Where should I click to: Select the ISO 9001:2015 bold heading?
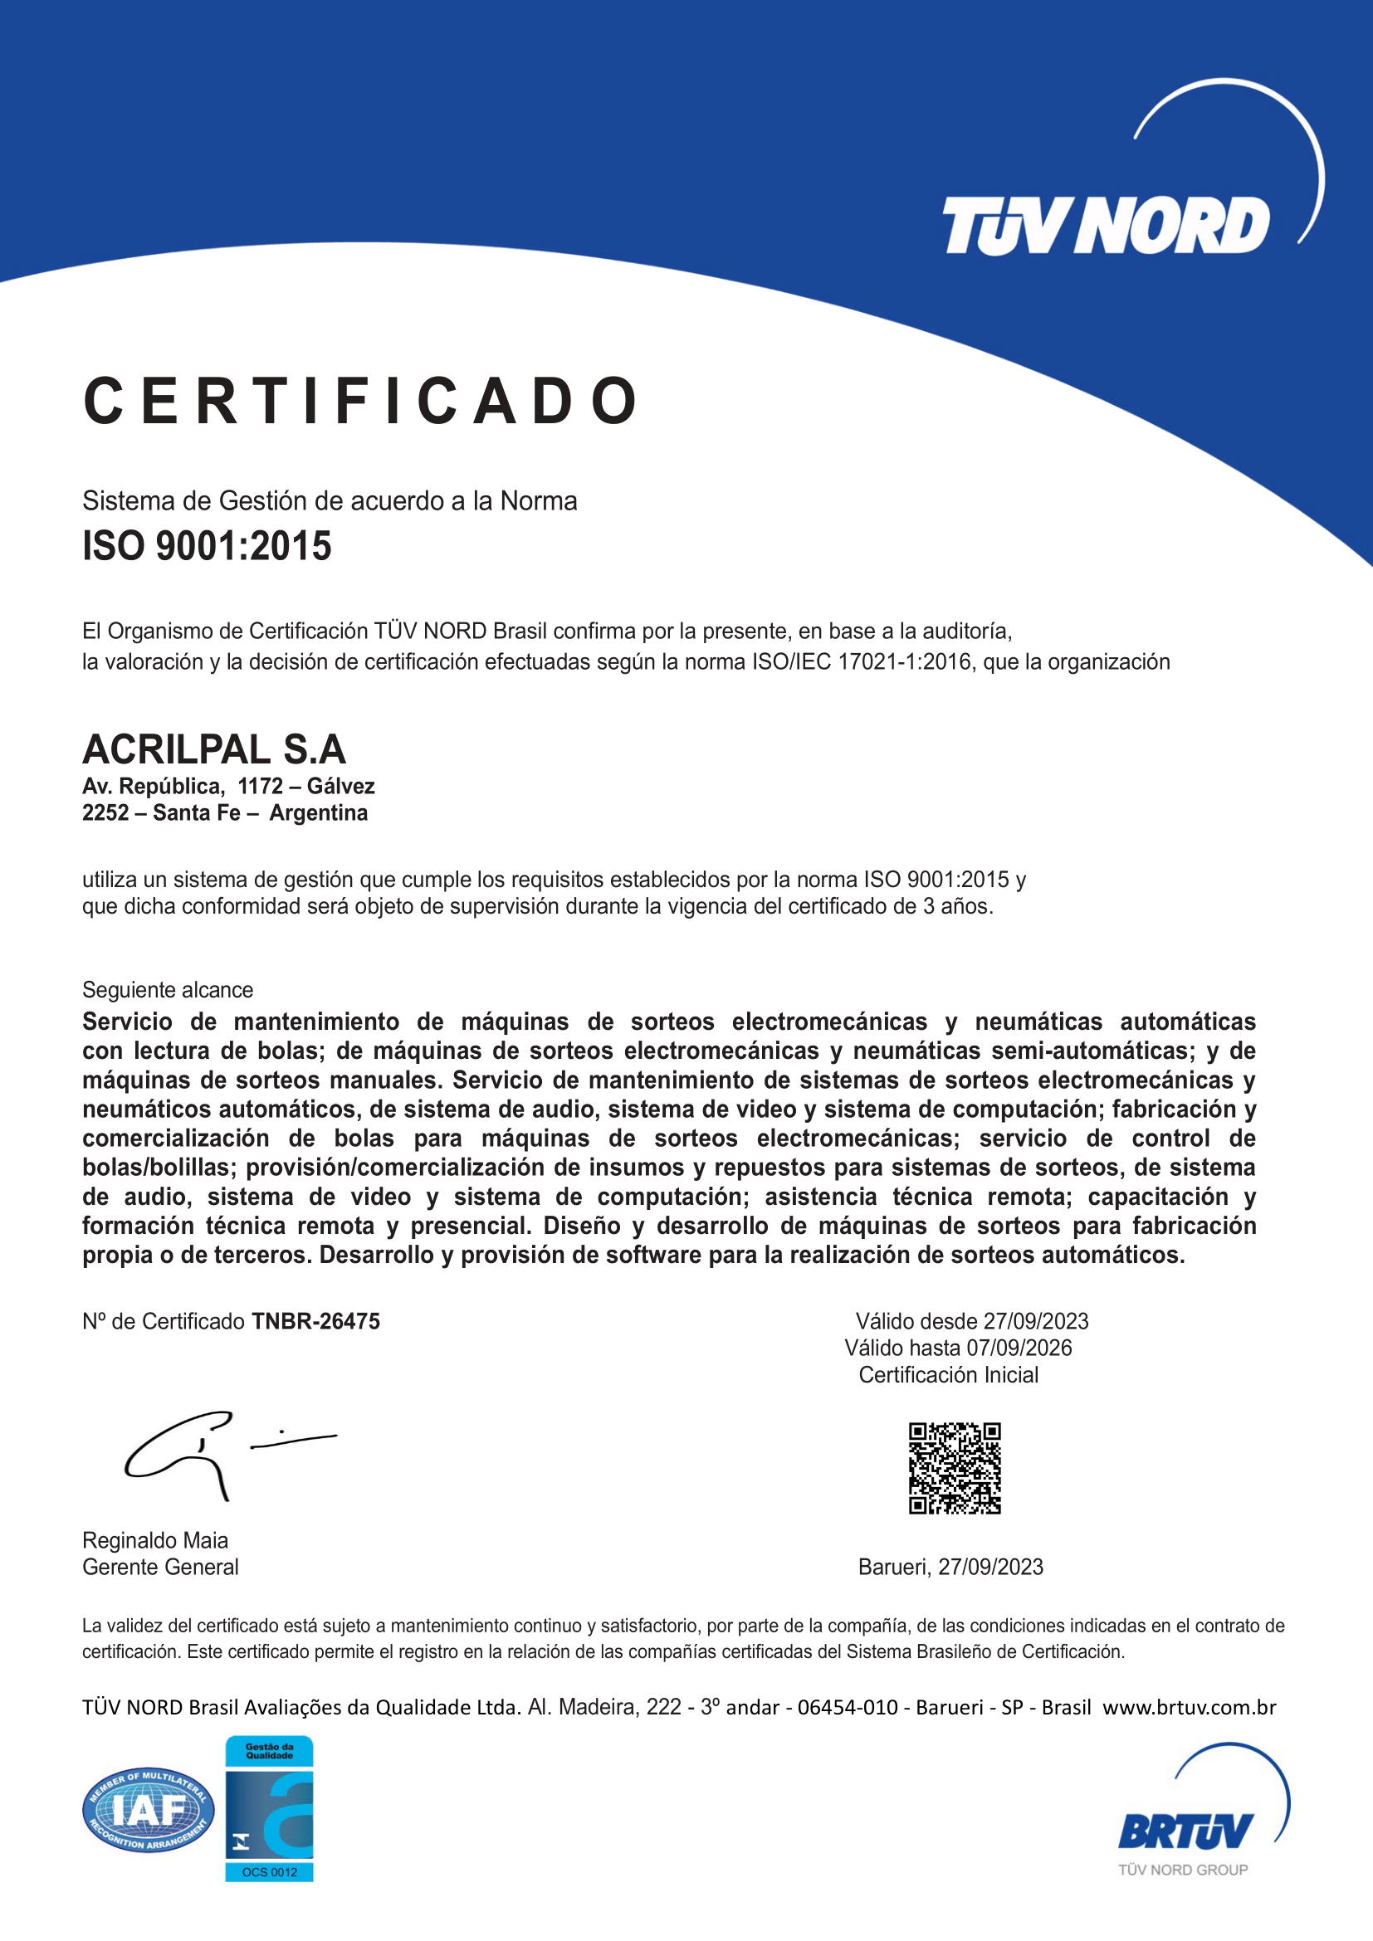(207, 545)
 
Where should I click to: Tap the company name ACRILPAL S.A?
(214, 749)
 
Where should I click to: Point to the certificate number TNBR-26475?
(316, 1320)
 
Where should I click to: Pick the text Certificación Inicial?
(949, 1374)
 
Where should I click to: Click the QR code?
(955, 1468)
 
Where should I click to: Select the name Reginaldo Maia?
(154, 1539)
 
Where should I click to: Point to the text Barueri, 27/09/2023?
(950, 1567)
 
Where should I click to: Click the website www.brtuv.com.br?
(1189, 1707)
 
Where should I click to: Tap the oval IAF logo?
(148, 1809)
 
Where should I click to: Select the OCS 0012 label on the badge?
(269, 1871)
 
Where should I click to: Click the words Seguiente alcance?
(168, 989)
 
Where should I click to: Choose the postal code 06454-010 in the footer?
(848, 1707)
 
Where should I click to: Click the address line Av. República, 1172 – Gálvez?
(228, 786)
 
